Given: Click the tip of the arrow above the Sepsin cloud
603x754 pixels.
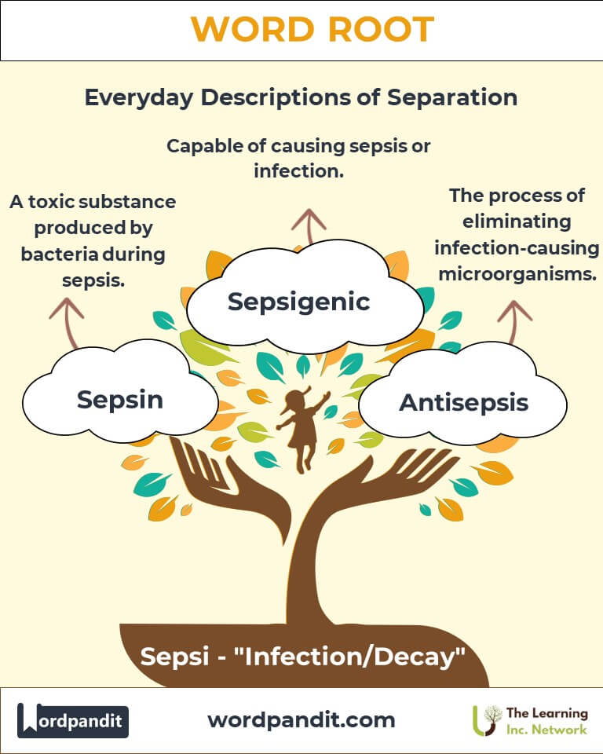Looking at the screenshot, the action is click(67, 299).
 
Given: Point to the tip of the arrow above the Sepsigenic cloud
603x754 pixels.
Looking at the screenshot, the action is click(309, 210).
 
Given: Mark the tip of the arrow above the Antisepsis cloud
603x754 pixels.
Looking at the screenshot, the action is click(514, 302).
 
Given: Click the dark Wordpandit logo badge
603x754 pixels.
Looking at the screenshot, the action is click(72, 720).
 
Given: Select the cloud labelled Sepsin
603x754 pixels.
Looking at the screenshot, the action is click(119, 391).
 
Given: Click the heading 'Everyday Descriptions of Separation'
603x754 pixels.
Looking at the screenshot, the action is click(301, 97).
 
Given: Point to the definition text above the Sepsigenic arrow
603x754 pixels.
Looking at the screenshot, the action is click(298, 158).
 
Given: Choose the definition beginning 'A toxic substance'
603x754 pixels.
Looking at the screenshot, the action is click(93, 240).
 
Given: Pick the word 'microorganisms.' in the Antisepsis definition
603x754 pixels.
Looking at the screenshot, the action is click(517, 274).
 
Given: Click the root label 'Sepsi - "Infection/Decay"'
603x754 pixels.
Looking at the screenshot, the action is click(302, 657).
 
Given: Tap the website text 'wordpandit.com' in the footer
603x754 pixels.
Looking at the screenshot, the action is click(301, 720).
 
